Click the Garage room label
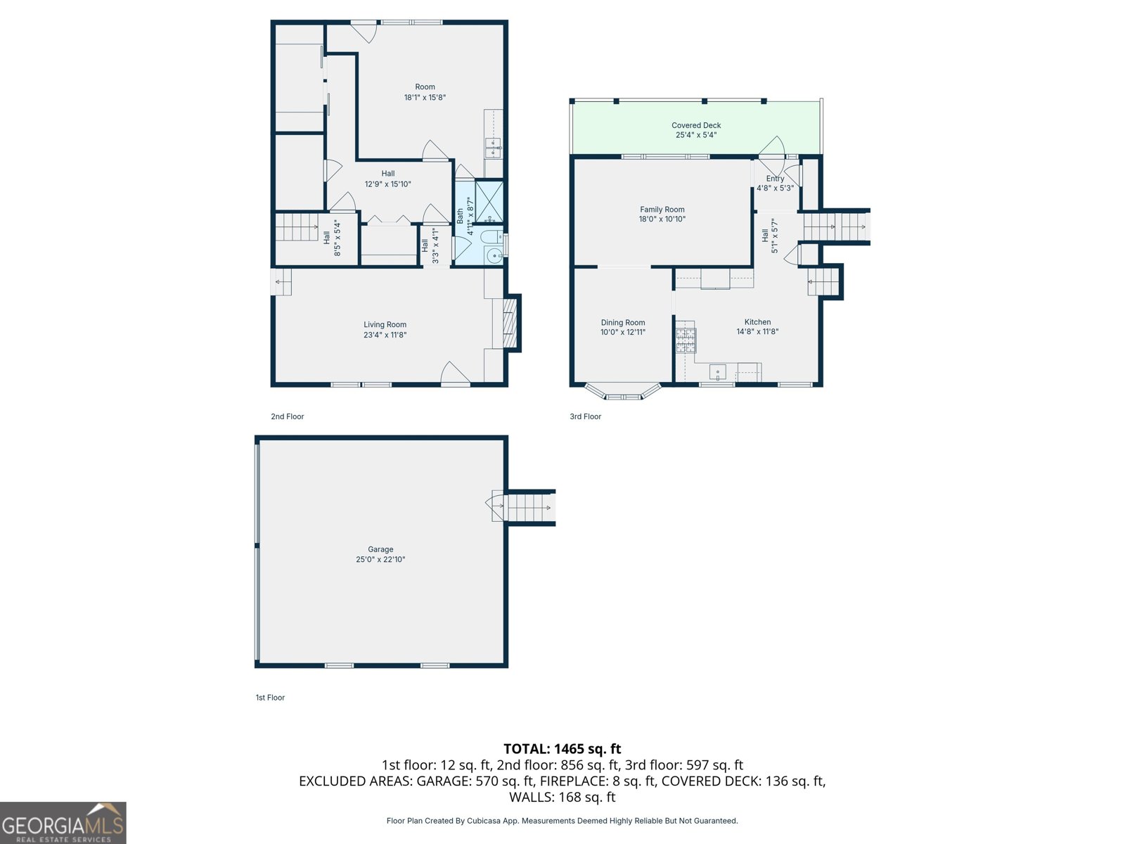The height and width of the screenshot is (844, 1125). tap(380, 549)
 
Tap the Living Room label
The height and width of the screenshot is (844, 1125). tap(385, 324)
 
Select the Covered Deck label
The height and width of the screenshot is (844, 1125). tap(696, 125)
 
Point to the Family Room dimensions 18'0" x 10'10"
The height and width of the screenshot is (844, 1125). tap(662, 219)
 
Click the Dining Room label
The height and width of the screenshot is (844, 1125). tap(623, 322)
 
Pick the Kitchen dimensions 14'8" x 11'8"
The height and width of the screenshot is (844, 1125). tap(757, 331)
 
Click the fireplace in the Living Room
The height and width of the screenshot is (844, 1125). tap(510, 324)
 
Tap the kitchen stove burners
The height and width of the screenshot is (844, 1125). tap(686, 340)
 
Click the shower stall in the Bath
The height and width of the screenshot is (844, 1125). tap(489, 201)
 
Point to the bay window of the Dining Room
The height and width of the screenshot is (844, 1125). tap(623, 392)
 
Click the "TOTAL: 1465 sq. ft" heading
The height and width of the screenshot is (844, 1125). tap(562, 748)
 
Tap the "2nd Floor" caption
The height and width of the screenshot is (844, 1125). tap(288, 416)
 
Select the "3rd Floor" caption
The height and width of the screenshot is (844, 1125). tap(585, 416)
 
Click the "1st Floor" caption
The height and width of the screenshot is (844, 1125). tap(270, 698)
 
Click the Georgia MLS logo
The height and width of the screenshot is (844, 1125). tap(63, 822)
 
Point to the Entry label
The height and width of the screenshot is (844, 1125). tap(775, 179)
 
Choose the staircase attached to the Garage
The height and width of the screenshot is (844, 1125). tap(524, 508)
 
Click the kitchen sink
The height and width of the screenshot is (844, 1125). tap(718, 372)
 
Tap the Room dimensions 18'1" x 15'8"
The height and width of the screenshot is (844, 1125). tap(425, 97)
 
